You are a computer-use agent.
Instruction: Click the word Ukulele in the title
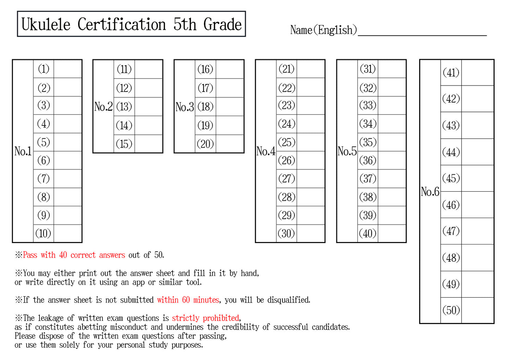[x=46, y=24]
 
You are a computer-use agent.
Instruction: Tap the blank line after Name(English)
[x=422, y=31]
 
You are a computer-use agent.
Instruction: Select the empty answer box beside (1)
[x=68, y=69]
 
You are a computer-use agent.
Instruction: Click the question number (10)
[x=43, y=233]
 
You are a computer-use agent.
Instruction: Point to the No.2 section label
[x=103, y=106]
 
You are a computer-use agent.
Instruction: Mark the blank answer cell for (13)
[x=148, y=106]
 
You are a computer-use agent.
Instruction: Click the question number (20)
[x=205, y=144]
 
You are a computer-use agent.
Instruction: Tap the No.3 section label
[x=185, y=106]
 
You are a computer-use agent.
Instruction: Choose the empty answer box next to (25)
[x=310, y=142]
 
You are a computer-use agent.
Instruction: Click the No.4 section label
[x=266, y=151]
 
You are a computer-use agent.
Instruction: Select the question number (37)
[x=368, y=179]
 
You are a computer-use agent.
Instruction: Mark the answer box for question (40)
[x=392, y=233]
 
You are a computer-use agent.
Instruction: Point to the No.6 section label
[x=430, y=192]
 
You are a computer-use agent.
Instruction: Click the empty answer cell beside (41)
[x=477, y=73]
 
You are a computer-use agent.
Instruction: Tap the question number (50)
[x=451, y=310]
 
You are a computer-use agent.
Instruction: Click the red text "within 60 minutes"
[x=188, y=300]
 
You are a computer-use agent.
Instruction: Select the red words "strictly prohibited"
[x=205, y=318]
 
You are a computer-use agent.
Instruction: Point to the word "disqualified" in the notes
[x=288, y=300]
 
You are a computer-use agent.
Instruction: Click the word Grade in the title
[x=223, y=24]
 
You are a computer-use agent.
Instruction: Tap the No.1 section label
[x=23, y=151]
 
